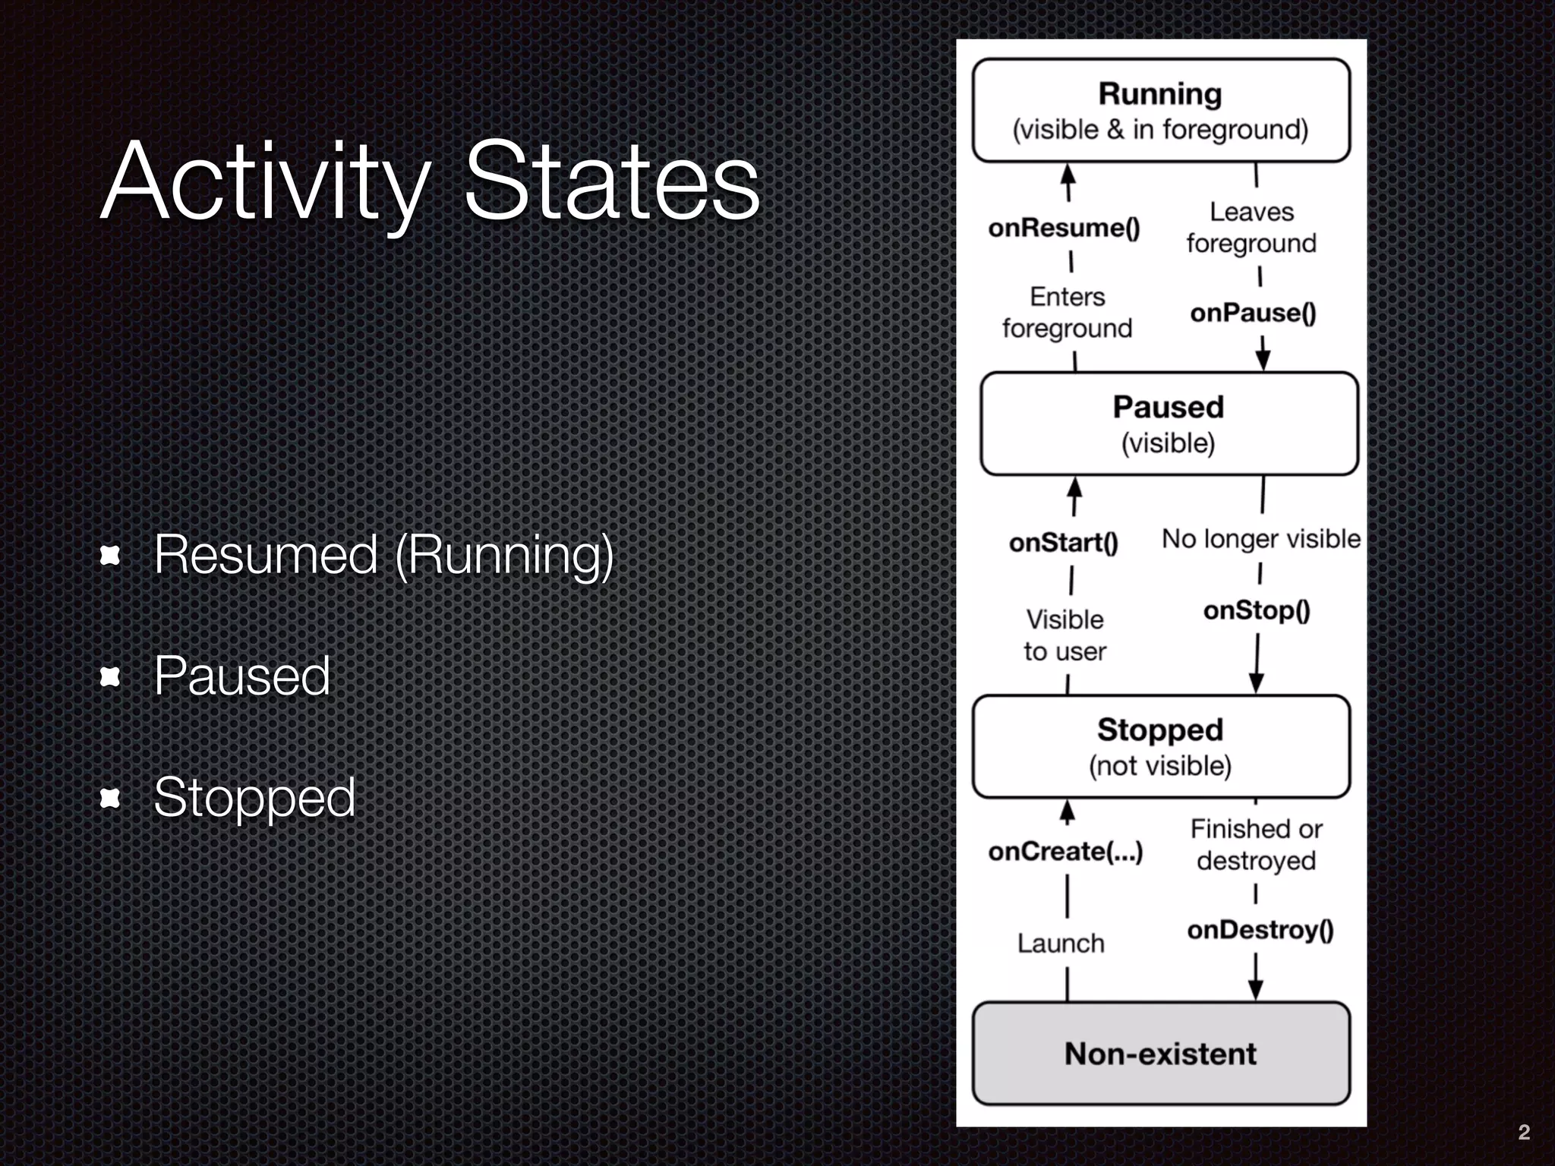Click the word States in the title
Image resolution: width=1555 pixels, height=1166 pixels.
611,182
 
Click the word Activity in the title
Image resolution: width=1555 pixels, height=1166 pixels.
266,182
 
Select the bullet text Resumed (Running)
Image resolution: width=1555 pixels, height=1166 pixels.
383,555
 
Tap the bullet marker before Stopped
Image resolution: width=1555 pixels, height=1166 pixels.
110,798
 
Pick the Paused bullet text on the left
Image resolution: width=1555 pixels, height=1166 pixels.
242,676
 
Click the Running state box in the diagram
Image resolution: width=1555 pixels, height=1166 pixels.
1160,111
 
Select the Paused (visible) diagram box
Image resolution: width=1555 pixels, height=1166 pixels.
1169,424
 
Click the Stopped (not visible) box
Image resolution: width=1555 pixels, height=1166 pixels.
1160,747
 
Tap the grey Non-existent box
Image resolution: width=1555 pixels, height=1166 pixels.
1160,1054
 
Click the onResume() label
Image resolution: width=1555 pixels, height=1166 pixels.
1064,228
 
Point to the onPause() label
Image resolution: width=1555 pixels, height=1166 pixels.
1253,313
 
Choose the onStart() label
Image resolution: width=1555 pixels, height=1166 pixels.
1063,543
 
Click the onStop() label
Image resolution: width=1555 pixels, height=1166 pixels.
1257,610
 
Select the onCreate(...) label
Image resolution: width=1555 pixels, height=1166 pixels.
1065,852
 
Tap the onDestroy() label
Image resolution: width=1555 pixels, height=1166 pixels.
1260,930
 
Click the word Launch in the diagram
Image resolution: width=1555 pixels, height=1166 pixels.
1061,944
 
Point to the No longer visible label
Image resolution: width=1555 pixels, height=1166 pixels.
1260,539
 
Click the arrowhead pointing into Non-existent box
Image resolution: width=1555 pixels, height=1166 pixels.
1255,990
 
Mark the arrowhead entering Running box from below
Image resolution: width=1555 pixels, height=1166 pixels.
1068,174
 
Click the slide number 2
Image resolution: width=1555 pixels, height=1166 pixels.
1523,1133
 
